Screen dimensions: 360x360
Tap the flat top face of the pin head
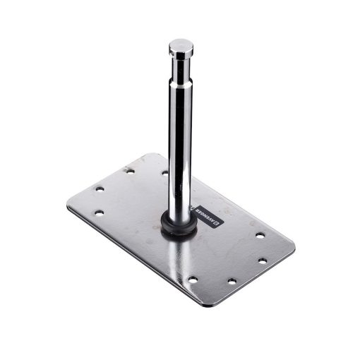click(x=181, y=44)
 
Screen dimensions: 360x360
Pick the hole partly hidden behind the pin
click(x=165, y=172)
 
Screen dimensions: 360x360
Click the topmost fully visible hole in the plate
click(x=129, y=171)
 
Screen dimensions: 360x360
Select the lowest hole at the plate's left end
click(x=100, y=212)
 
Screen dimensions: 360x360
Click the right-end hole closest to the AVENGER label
click(x=259, y=235)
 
